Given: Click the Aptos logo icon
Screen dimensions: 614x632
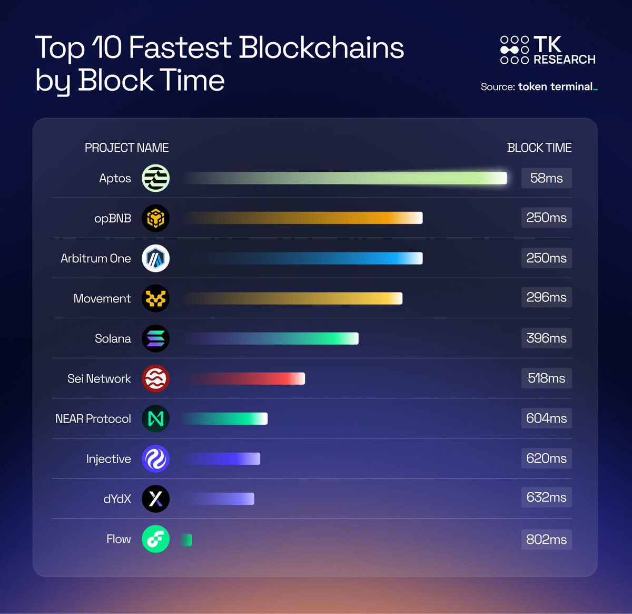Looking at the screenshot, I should coord(155,178).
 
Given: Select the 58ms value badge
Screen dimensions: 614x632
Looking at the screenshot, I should coord(546,178).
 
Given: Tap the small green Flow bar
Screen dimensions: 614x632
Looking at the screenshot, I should coord(186,540).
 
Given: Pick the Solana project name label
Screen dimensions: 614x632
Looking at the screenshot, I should coord(113,338).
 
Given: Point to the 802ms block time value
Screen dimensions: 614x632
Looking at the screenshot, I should coord(546,539).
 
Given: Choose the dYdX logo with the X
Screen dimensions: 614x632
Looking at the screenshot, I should coord(155,499).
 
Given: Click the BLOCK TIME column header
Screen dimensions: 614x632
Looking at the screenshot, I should coord(539,148).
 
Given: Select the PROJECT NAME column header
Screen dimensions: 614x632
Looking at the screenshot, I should coord(126,148).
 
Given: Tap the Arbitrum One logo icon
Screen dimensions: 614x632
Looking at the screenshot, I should coord(155,258).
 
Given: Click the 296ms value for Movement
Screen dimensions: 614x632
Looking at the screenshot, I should coord(546,297).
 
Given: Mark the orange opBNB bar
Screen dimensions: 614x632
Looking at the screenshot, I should coord(303,218).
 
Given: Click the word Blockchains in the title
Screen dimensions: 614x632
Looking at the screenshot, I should coord(321,47).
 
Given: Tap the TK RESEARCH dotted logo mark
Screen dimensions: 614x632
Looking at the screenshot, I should coord(514,50).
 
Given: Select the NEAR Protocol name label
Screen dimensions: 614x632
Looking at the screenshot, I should coord(93,418).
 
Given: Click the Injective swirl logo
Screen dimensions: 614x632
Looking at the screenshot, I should coord(155,459).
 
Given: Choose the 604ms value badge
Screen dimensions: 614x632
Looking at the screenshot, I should coord(546,418).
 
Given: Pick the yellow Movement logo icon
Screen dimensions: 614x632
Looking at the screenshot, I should coord(155,298).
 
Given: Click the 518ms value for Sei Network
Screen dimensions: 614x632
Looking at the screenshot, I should coord(546,378).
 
